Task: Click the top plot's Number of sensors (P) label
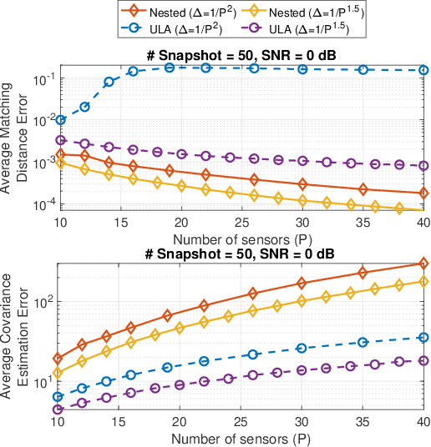pyautogui.click(x=241, y=237)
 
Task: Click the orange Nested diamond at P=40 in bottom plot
pyautogui.click(x=423, y=264)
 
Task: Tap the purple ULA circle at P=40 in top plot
pyautogui.click(x=423, y=166)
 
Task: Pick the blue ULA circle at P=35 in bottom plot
pyautogui.click(x=363, y=342)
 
